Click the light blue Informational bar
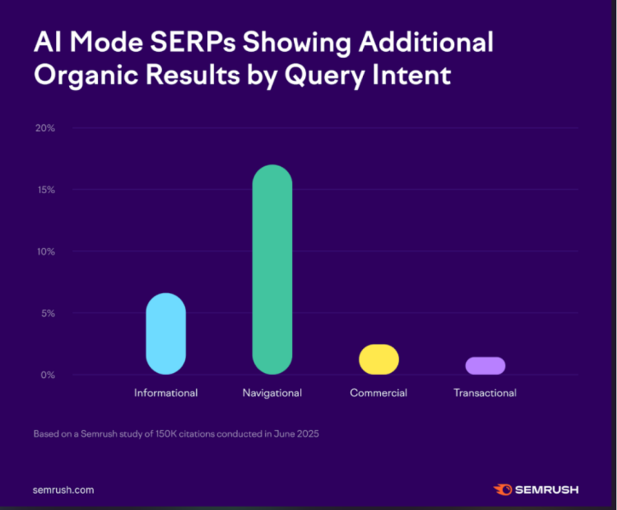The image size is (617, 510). [165, 334]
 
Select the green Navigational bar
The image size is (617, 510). [272, 269]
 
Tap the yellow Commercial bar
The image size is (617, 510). [378, 359]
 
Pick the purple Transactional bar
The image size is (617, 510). [485, 365]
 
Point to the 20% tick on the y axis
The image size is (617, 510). [44, 128]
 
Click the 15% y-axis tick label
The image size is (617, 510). [45, 189]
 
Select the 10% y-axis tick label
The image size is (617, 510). [45, 251]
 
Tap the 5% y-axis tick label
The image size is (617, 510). [47, 313]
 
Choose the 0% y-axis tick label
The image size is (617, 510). [47, 375]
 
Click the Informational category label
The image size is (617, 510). [165, 393]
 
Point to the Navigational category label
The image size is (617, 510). [272, 393]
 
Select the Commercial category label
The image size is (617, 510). [378, 393]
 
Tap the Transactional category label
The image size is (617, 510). [485, 393]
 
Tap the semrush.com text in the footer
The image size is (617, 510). [63, 490]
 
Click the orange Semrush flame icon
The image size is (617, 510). [503, 490]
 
